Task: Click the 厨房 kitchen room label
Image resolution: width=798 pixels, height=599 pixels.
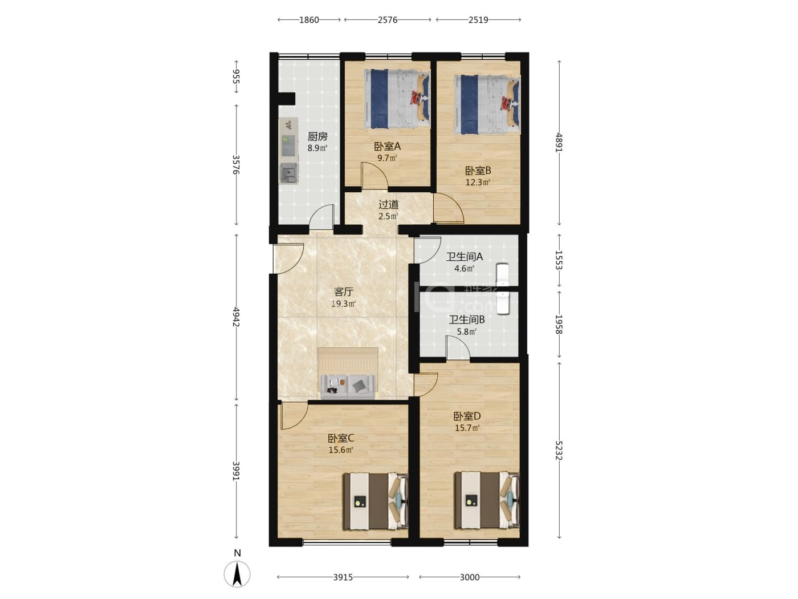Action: pyautogui.click(x=317, y=136)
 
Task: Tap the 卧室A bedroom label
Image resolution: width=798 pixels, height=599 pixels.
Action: pyautogui.click(x=387, y=146)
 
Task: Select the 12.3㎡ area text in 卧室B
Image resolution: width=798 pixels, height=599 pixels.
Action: pyautogui.click(x=478, y=182)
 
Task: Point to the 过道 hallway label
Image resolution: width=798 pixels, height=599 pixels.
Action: pyautogui.click(x=389, y=204)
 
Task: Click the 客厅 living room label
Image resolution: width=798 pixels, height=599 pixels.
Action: pyautogui.click(x=344, y=292)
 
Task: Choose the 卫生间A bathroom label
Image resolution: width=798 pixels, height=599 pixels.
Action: pyautogui.click(x=464, y=257)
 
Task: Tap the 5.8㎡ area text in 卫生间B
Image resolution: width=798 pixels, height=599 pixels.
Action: pyautogui.click(x=467, y=331)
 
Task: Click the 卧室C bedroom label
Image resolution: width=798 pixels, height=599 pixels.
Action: pyautogui.click(x=341, y=438)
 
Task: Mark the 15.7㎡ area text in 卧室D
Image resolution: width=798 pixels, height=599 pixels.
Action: pyautogui.click(x=467, y=428)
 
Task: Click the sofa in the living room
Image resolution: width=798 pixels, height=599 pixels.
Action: pyautogui.click(x=348, y=387)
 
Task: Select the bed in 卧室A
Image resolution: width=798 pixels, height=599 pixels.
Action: pyautogui.click(x=397, y=99)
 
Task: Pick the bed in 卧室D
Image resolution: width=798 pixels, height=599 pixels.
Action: pyautogui.click(x=487, y=500)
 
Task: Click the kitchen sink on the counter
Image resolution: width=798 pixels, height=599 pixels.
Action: pyautogui.click(x=289, y=173)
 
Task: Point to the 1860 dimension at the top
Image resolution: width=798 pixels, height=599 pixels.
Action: pyautogui.click(x=309, y=20)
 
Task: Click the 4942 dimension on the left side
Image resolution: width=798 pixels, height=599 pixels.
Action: pyautogui.click(x=237, y=317)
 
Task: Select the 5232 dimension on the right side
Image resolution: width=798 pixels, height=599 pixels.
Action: pyautogui.click(x=559, y=450)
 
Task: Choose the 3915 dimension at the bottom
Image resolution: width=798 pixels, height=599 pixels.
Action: pyautogui.click(x=343, y=577)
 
